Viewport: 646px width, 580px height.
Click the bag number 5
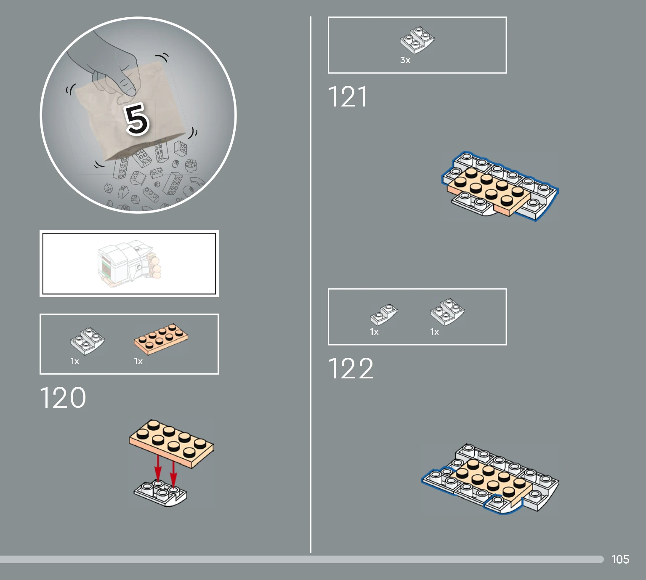click(x=137, y=119)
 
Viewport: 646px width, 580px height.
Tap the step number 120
click(x=63, y=397)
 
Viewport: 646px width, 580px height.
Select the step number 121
click(x=348, y=96)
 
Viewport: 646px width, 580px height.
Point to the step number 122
click(x=351, y=368)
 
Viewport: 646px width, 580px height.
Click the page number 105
click(x=620, y=559)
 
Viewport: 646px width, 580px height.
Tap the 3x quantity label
click(x=405, y=60)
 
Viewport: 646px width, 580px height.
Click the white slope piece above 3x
click(x=417, y=40)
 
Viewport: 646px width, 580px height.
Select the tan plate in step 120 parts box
click(x=161, y=339)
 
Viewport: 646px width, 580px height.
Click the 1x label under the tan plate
click(x=138, y=361)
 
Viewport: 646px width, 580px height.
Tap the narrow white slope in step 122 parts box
click(x=383, y=314)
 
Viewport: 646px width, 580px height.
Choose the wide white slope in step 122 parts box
click(x=447, y=312)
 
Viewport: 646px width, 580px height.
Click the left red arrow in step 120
click(x=158, y=468)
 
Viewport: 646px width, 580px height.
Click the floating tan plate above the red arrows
click(x=171, y=444)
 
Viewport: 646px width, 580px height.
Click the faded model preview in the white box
click(x=129, y=263)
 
